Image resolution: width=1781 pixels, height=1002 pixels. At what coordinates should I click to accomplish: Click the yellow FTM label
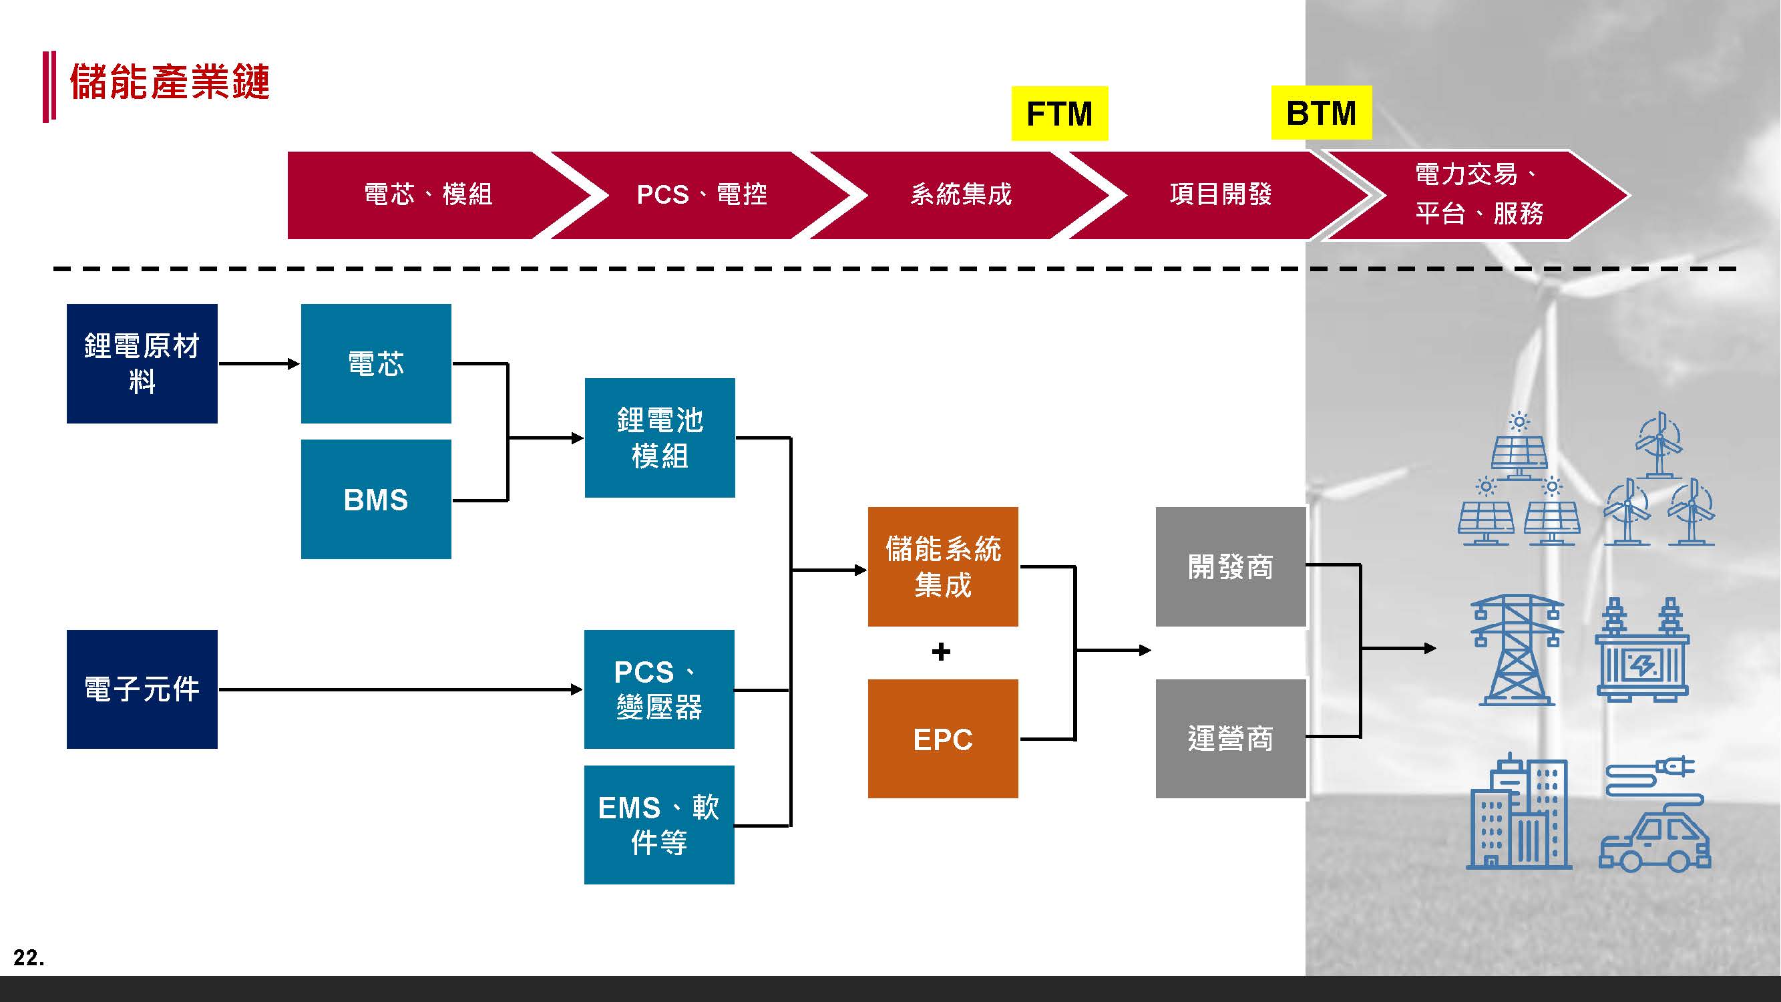1059,114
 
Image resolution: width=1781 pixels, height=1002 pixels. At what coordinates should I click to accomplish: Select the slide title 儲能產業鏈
170,82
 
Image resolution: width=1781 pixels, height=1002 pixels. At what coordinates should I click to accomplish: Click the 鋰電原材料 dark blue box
142,363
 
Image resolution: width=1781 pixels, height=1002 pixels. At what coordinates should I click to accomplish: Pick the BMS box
376,499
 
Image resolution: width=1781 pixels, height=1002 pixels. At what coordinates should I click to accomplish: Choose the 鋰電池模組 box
660,438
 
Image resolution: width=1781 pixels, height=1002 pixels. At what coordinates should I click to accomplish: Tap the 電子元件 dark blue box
142,689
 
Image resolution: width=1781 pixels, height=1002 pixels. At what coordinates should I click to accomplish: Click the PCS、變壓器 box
659,689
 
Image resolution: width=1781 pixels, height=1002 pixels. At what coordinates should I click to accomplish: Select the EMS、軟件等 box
659,824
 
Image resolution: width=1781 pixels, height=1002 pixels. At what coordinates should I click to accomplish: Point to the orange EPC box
943,739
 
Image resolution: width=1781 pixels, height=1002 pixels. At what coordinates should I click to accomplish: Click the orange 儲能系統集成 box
943,566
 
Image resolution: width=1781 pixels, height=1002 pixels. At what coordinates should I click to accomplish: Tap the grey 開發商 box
1231,566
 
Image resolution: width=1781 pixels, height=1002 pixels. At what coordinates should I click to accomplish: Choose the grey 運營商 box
1231,739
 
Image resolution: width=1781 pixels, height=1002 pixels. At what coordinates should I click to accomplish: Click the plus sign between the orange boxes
941,651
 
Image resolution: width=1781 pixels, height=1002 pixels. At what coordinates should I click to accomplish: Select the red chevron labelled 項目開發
1220,195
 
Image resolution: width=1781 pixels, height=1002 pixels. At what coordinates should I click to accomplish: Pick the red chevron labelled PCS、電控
701,195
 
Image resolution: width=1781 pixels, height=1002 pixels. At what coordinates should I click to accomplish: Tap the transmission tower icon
1517,650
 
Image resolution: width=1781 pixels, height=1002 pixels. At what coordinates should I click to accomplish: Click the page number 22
28,958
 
